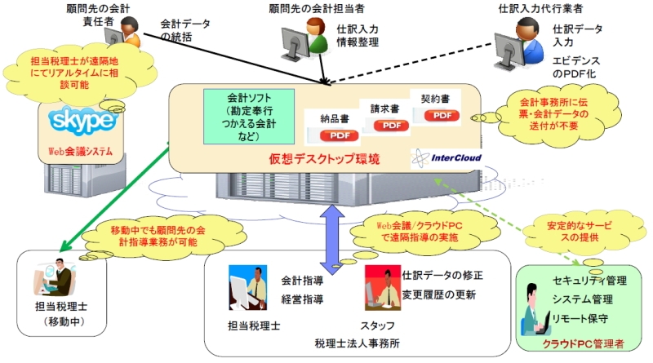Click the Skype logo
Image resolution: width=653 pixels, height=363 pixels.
click(x=82, y=121)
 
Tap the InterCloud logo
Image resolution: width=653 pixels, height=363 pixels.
click(x=446, y=158)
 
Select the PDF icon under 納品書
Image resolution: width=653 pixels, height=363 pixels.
click(x=340, y=135)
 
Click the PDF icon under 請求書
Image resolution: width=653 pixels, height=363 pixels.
click(x=392, y=126)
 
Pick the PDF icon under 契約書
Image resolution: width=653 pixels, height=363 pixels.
click(x=442, y=115)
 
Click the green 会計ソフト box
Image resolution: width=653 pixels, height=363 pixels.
click(x=249, y=117)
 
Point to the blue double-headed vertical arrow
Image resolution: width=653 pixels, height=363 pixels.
click(x=332, y=239)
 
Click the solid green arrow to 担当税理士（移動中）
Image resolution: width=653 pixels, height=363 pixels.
click(x=114, y=197)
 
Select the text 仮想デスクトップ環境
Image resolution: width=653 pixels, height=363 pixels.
click(x=324, y=159)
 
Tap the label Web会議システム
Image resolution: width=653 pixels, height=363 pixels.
click(x=80, y=151)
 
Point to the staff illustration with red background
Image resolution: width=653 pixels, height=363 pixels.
click(x=383, y=288)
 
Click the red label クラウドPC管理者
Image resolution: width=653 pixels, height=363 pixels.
click(x=583, y=344)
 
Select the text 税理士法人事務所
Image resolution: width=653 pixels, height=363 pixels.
click(x=357, y=343)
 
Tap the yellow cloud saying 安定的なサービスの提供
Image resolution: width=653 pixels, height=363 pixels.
click(x=580, y=232)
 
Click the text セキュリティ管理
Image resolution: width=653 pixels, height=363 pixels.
click(x=589, y=281)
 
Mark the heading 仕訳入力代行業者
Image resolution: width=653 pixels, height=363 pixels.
click(x=540, y=8)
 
